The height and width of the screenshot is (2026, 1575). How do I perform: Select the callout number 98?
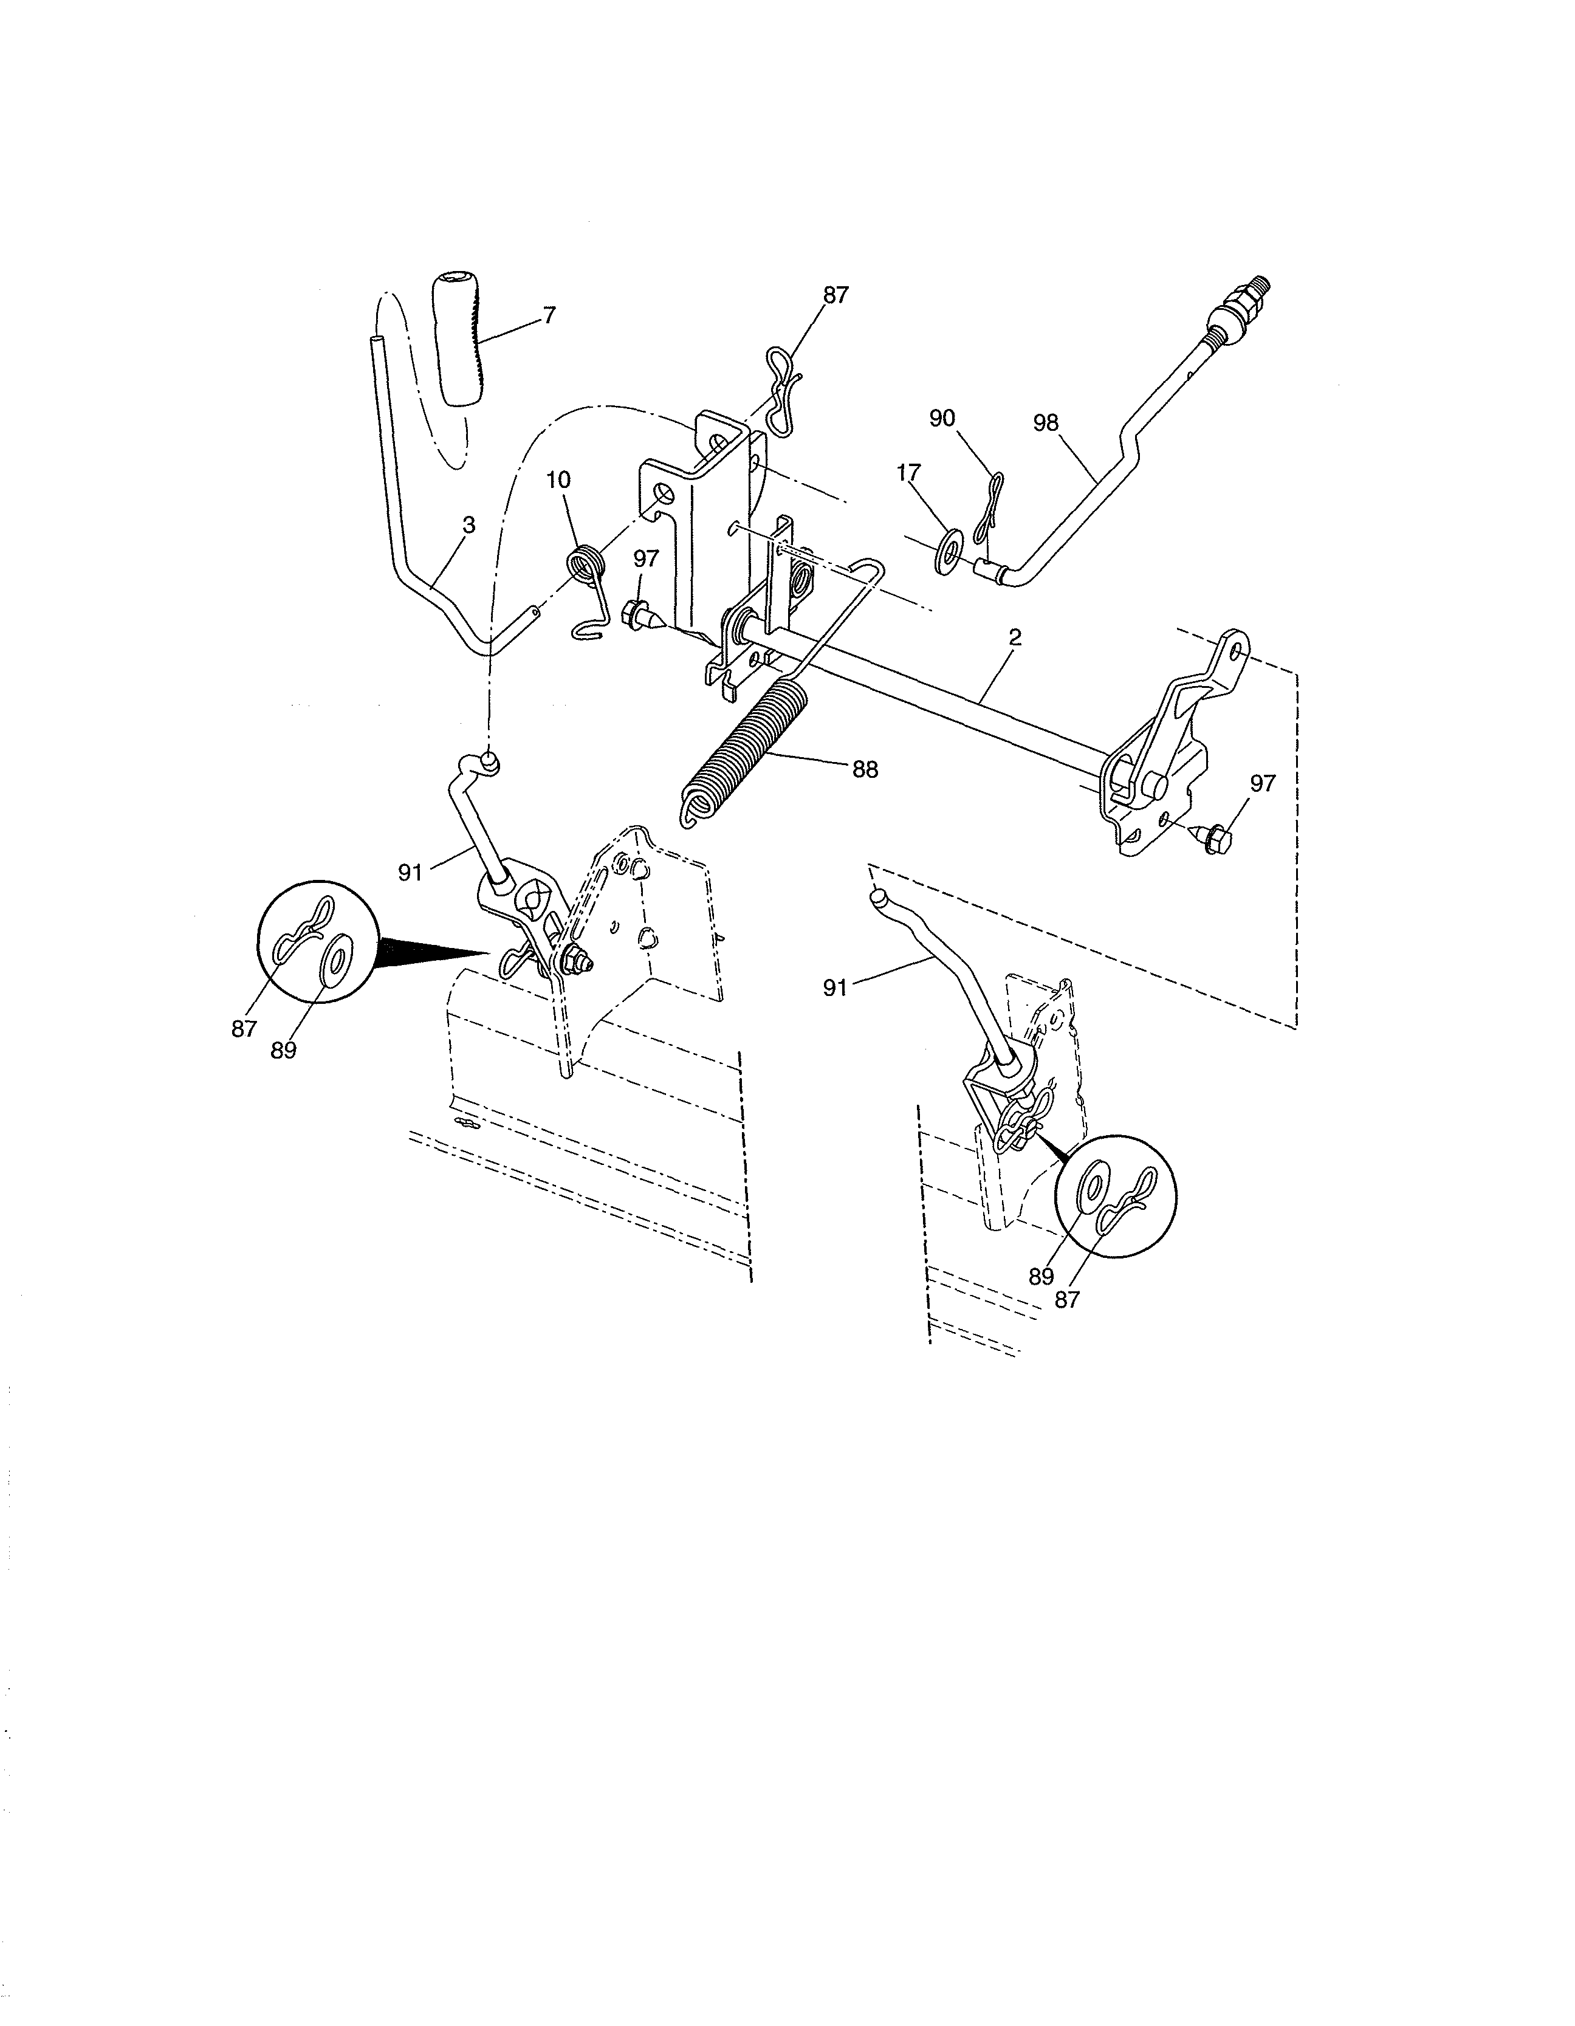pyautogui.click(x=1045, y=422)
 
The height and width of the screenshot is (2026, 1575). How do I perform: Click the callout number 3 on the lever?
pyautogui.click(x=468, y=525)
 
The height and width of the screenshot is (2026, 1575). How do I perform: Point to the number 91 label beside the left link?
pyautogui.click(x=411, y=872)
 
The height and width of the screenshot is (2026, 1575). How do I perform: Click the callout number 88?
pyautogui.click(x=865, y=769)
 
